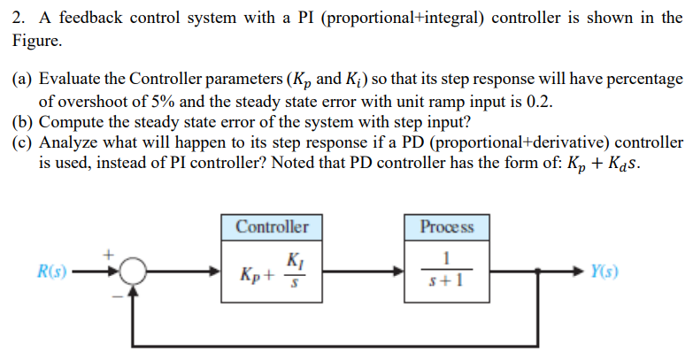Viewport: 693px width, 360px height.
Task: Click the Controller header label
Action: (x=272, y=227)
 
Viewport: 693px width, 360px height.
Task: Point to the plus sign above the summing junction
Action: (x=111, y=253)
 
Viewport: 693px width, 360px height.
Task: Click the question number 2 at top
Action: (x=17, y=17)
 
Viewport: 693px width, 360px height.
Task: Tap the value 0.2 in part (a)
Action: (x=538, y=101)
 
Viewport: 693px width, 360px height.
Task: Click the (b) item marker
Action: (x=23, y=122)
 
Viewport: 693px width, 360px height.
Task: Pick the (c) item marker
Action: (x=23, y=143)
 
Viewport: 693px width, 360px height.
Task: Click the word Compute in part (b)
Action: (x=70, y=122)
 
